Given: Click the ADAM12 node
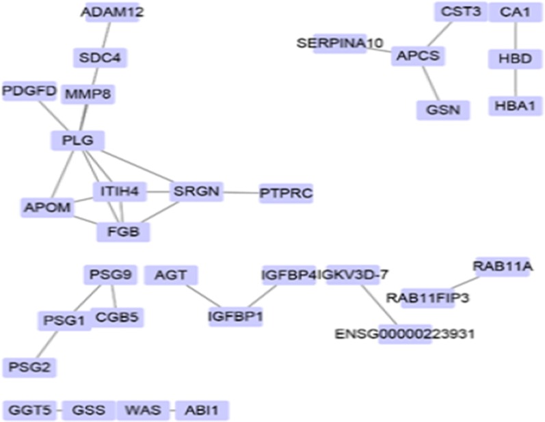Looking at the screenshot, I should point(113,12).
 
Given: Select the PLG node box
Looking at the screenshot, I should point(78,141).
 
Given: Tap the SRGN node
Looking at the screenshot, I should point(196,192).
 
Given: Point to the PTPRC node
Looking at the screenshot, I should point(286,194).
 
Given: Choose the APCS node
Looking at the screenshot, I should point(418,56).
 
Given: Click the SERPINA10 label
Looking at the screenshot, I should point(340,43).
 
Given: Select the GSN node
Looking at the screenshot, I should point(443,109).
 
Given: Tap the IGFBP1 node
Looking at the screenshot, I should point(236,317).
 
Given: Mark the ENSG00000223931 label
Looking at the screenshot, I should point(405,334).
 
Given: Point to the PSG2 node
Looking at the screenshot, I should point(29,367).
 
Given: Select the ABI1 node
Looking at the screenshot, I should point(202,410).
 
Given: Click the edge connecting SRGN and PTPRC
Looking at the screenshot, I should point(240,192).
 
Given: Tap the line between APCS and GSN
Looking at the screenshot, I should point(431,83).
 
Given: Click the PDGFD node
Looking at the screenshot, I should point(29,91).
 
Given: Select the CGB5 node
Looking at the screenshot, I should point(117,317).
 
